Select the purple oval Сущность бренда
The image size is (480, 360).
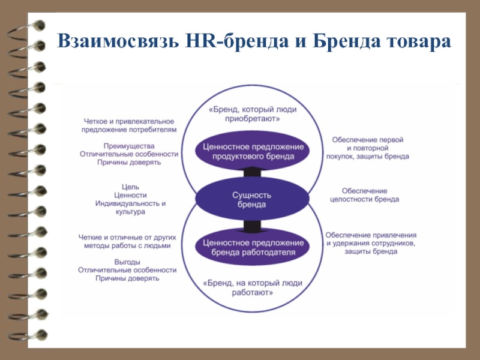[x=252, y=200]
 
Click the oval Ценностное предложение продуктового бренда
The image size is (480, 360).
[x=253, y=151]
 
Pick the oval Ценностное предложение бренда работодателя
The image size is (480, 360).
[x=253, y=247]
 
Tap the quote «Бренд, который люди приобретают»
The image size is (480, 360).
[x=253, y=114]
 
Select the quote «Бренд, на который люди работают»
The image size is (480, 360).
[x=253, y=288]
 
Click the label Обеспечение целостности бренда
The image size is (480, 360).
[x=364, y=194]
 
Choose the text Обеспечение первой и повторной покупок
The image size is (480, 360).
[x=367, y=148]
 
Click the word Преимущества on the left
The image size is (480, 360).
[x=129, y=145]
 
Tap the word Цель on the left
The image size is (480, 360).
[x=130, y=187]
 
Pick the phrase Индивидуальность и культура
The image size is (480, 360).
[x=130, y=208]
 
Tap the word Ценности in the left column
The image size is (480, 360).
[x=130, y=195]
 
